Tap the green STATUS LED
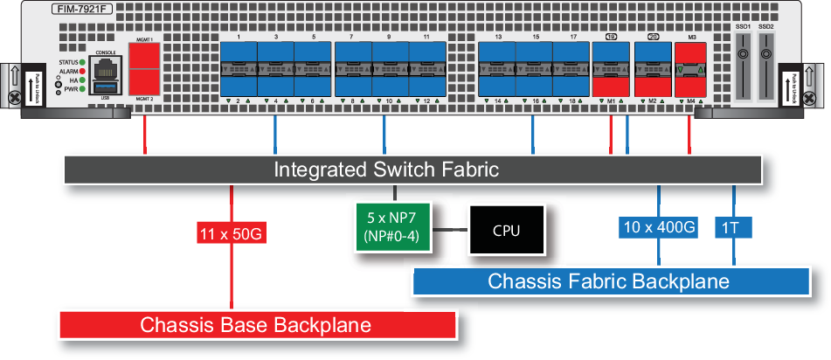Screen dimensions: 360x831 (81, 63)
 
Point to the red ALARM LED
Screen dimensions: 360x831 (81, 72)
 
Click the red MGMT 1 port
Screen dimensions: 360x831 (144, 56)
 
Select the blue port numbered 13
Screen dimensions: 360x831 (497, 58)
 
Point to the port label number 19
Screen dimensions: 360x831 (611, 38)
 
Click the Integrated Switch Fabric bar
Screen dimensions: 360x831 (386, 170)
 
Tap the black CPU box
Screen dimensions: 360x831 (507, 231)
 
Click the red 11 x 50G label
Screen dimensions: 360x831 (231, 233)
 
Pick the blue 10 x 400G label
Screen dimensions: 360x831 (657, 229)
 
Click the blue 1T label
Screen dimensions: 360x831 (732, 229)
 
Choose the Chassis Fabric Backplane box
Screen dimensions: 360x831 (608, 281)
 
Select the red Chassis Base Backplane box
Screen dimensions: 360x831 (257, 325)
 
